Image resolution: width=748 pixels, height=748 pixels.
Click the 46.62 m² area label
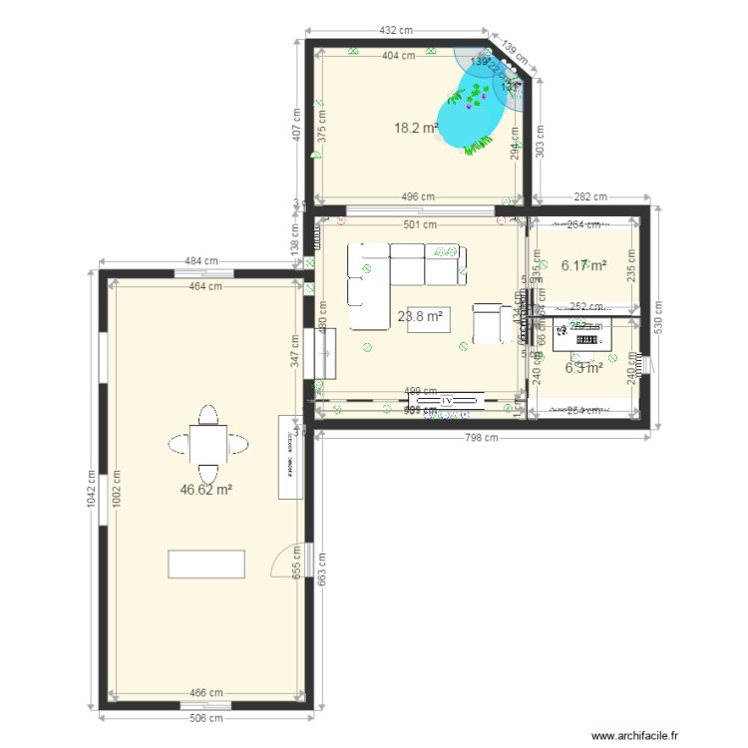(x=206, y=490)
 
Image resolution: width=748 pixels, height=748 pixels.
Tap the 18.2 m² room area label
(x=417, y=128)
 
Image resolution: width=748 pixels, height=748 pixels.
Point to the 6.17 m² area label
(x=583, y=266)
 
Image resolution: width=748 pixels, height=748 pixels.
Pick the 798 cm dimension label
(x=484, y=437)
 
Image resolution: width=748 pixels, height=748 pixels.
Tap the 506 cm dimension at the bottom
(x=207, y=717)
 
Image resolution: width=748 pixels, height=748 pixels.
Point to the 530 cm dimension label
(x=661, y=317)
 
